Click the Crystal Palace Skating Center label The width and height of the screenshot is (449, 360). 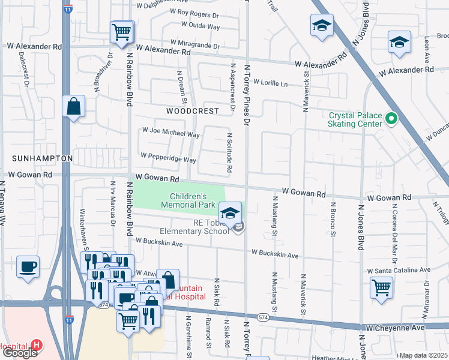click(x=355, y=119)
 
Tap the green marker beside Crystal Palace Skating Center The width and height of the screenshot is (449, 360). click(x=391, y=119)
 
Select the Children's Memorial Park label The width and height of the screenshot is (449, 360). click(x=188, y=200)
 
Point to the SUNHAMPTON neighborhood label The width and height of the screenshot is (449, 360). click(x=42, y=158)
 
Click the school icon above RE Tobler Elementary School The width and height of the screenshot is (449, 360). click(x=230, y=212)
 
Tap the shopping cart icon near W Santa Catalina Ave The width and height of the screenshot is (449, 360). click(x=382, y=287)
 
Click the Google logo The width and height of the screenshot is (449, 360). click(x=20, y=353)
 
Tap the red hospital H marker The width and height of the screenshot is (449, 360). click(x=37, y=346)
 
